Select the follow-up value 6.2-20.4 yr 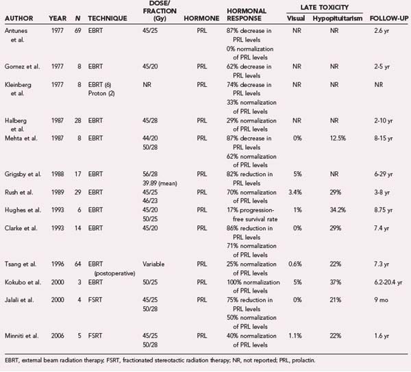point(388,291)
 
